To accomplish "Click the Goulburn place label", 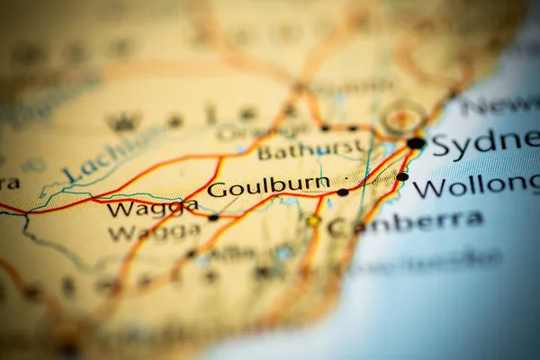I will coord(268,186).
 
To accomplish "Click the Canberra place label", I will coord(405,223).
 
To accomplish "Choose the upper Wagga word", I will coord(152,209).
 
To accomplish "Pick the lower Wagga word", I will coord(154,231).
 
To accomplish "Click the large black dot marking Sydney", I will coord(416,142).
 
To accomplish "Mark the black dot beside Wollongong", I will coord(402,176).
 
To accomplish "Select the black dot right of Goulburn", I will coord(343,192).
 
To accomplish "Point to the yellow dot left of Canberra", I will coord(313,220).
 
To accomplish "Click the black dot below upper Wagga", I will coord(213,217).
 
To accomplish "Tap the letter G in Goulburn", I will coord(216,189).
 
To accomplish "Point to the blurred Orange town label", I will coord(243,132).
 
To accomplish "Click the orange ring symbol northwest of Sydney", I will coord(402,117).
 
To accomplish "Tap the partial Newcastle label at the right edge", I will coord(499,104).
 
